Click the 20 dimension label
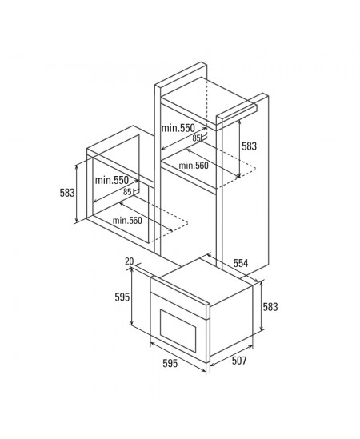[129, 261]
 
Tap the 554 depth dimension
[241, 263]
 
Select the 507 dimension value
[239, 361]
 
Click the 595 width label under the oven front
[170, 363]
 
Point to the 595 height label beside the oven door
[122, 297]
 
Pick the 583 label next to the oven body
[270, 307]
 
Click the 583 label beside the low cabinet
[67, 193]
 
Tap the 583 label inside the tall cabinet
[249, 146]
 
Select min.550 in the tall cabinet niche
[178, 128]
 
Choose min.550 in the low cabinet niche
[112, 180]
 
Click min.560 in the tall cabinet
[194, 166]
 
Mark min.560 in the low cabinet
[127, 221]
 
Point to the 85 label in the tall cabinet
[196, 138]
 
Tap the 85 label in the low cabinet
[127, 192]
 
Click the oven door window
[178, 330]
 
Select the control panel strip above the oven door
[180, 298]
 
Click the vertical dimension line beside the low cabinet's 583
[76, 194]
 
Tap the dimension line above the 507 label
[231, 356]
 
